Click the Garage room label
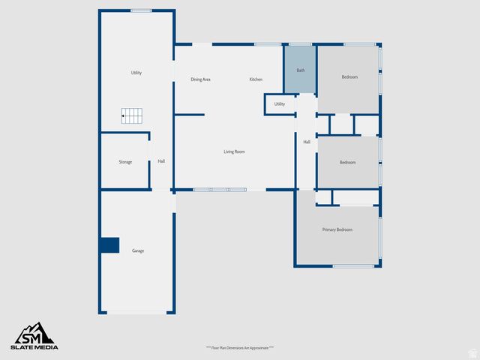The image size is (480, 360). coord(138,250)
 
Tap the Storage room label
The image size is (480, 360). coord(125,162)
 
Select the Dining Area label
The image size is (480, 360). coord(200,79)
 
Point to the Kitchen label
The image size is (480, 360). coord(256,79)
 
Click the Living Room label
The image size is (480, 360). coord(234,151)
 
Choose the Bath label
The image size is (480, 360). coord(301,70)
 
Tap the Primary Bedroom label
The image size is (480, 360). coord(337,229)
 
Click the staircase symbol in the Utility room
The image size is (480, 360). coord(132,116)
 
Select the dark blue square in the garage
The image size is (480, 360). coord(109,245)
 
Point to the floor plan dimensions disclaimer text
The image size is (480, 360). coord(240,348)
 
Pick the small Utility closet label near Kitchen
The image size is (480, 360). coord(279,104)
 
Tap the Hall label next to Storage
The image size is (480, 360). coord(161,161)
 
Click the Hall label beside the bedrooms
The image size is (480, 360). coord(307,142)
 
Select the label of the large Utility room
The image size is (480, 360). coord(136,73)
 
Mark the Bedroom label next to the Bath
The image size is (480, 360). coord(349,77)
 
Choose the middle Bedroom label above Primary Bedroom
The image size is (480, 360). coord(347,163)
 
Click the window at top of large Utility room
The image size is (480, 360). coord(140,10)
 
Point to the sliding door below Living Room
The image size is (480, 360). coord(220,190)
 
